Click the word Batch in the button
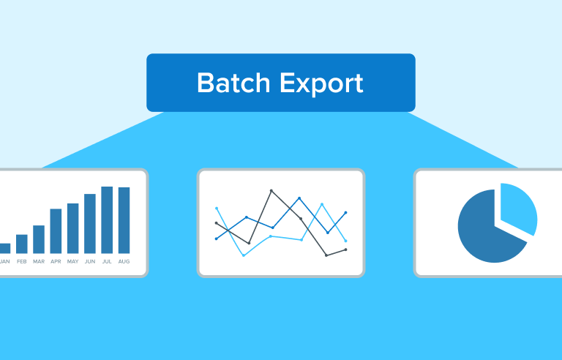pos(233,83)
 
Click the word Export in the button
pos(321,85)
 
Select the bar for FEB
pos(22,244)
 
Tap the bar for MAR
pos(39,239)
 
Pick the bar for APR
pos(56,231)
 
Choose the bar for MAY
pos(72,228)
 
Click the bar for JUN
pos(90,224)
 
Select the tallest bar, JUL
pos(107,220)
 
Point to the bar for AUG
pos(124,220)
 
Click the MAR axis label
pos(39,261)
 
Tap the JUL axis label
pos(107,261)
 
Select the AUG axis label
pos(124,261)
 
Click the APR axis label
pos(56,261)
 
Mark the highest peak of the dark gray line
pos(271,191)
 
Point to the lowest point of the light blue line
pos(244,255)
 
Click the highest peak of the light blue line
pos(322,204)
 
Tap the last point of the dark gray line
pos(345,250)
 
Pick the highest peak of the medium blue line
pos(299,198)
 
